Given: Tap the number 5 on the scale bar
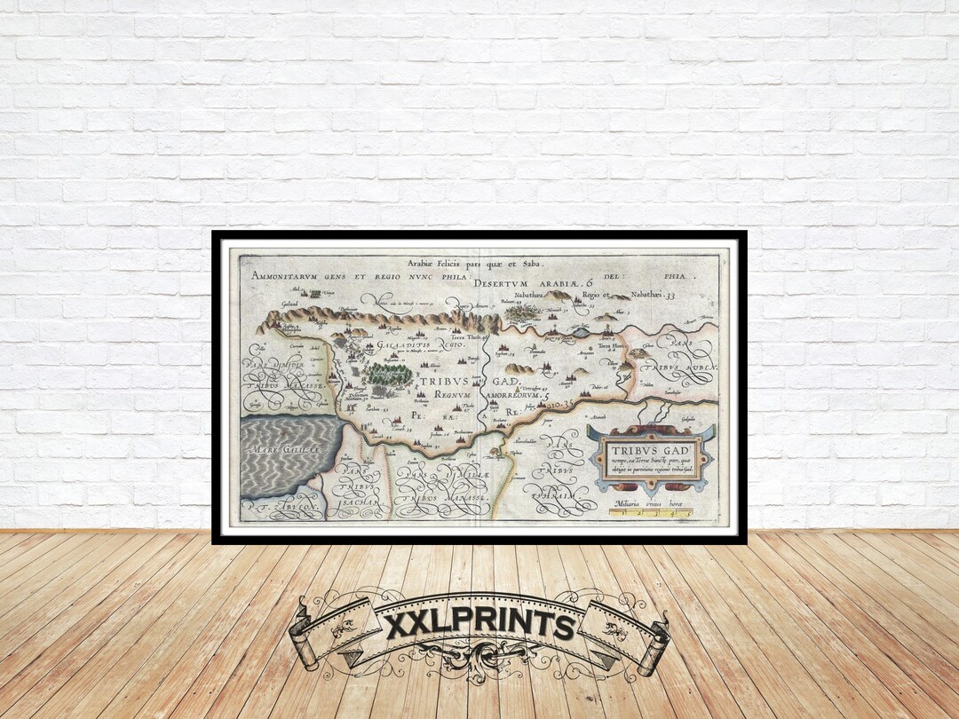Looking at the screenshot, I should (688, 513).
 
